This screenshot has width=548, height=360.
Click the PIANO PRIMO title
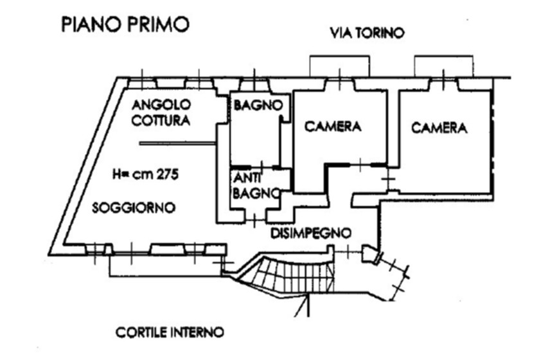tap(125, 24)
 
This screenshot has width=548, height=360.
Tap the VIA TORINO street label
tap(367, 33)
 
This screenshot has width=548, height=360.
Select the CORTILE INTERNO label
tap(170, 333)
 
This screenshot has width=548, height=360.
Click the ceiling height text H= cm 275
tap(144, 174)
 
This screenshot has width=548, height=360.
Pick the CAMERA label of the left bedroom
tap(333, 127)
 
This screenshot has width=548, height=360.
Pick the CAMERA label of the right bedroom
tap(439, 128)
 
